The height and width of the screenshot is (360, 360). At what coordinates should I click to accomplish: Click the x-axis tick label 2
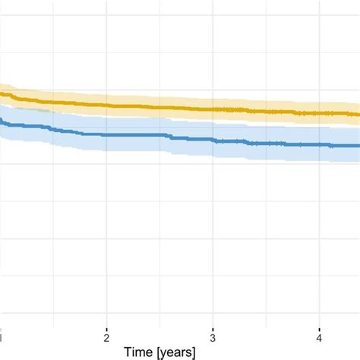[106, 338]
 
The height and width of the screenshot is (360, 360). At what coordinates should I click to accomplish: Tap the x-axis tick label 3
[213, 338]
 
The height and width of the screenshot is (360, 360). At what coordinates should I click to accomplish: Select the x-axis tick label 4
[319, 338]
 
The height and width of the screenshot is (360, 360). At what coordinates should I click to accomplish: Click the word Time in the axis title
[139, 352]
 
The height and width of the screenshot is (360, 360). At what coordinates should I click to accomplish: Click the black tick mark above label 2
[106, 330]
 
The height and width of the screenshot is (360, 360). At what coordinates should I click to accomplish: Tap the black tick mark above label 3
[213, 330]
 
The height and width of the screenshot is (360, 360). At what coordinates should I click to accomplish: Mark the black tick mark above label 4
[320, 330]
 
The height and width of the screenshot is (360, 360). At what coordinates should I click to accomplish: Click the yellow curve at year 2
[106, 106]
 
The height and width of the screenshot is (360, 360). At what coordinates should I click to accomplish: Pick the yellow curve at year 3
[213, 109]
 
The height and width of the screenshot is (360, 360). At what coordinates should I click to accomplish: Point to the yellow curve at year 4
[320, 113]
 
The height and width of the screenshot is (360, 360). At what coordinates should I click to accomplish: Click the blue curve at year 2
[106, 135]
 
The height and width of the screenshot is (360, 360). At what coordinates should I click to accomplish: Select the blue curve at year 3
[213, 140]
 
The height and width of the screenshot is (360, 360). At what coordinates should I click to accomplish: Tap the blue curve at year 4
[320, 145]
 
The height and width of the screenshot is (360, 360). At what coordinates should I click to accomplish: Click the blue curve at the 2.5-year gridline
[159, 135]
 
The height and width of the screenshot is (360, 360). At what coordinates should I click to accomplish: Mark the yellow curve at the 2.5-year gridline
[159, 108]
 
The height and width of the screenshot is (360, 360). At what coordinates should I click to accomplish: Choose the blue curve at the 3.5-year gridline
[266, 144]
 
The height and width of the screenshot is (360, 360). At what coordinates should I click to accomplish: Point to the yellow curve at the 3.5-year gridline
[266, 112]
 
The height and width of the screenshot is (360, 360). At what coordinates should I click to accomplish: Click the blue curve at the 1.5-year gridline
[53, 129]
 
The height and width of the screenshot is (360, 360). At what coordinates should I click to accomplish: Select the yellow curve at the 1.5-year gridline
[53, 102]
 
